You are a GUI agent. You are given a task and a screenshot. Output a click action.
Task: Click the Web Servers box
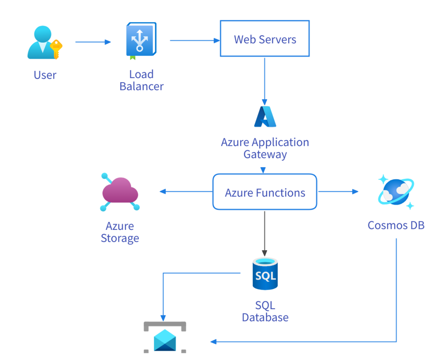point(265,39)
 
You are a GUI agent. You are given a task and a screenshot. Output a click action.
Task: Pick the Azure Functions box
point(265,192)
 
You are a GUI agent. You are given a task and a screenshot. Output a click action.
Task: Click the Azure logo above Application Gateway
point(265,116)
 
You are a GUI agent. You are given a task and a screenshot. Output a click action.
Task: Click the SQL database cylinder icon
point(265,274)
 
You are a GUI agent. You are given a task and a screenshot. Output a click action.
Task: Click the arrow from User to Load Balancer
point(93,42)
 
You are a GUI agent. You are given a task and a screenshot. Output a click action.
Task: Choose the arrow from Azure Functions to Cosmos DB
point(338,191)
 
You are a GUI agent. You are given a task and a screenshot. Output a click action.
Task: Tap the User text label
point(45,75)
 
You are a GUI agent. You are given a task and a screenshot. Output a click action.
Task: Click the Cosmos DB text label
point(396,225)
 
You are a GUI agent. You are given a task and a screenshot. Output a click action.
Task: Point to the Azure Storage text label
point(120,232)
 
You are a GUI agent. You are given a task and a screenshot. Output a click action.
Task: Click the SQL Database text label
point(265,311)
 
